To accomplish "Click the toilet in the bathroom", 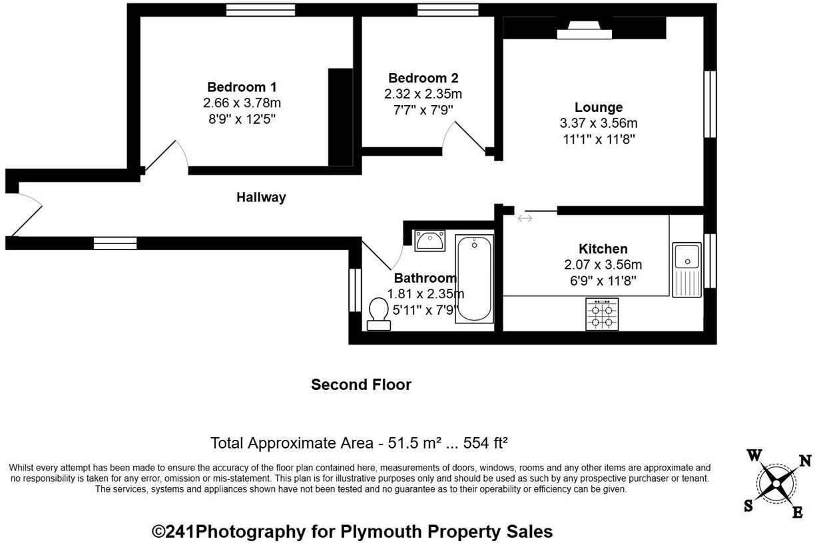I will [379, 313].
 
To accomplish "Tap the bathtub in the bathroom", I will [474, 279].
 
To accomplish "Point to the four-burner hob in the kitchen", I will [602, 314].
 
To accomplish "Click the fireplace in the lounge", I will [584, 30].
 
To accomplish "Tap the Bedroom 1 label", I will [242, 87].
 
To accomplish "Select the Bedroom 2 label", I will [423, 78].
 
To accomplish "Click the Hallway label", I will [261, 197].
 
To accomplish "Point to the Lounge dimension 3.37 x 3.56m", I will [599, 123].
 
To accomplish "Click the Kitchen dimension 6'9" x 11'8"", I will [603, 281].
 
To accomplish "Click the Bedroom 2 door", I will [469, 137].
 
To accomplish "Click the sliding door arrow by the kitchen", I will [525, 218].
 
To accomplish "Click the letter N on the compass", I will [804, 460].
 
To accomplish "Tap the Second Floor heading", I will [361, 385].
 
